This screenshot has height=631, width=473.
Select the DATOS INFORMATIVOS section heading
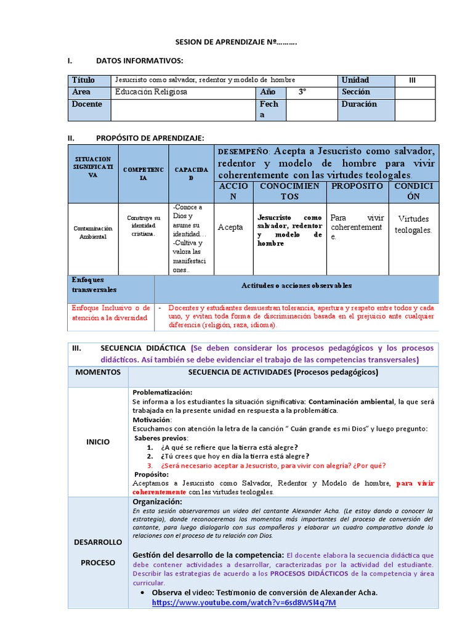(x=139, y=60)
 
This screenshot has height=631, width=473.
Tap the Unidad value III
(x=413, y=80)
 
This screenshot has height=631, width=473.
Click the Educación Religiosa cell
(x=152, y=92)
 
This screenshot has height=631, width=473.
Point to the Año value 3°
(x=302, y=92)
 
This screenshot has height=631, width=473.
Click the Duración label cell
(x=359, y=104)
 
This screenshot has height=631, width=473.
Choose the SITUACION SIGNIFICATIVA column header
(x=92, y=167)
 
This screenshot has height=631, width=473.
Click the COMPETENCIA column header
(x=143, y=173)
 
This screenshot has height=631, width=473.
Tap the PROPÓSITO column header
(x=357, y=185)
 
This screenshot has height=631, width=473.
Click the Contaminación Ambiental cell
(x=92, y=232)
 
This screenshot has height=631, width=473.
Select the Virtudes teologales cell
(x=413, y=224)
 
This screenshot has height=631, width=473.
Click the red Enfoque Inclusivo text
(x=110, y=312)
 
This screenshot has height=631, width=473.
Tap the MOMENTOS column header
(x=99, y=372)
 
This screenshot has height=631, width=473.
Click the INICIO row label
(x=99, y=441)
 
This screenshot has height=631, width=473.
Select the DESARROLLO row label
(x=99, y=543)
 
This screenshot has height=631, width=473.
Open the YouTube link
(x=244, y=602)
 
